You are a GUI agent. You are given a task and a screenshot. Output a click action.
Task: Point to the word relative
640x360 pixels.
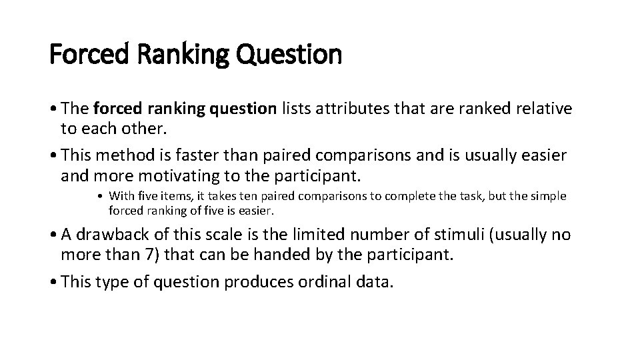(x=542, y=109)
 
